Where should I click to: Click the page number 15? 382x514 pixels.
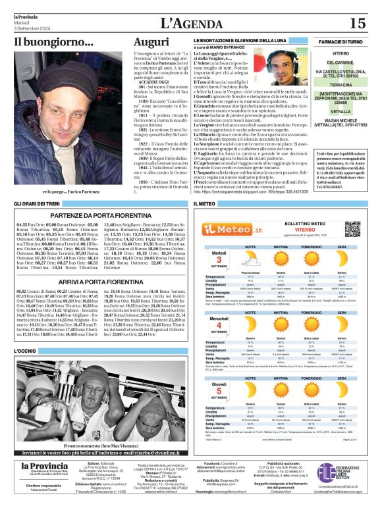click(358, 23)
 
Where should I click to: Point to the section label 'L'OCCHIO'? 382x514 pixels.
click(26, 351)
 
